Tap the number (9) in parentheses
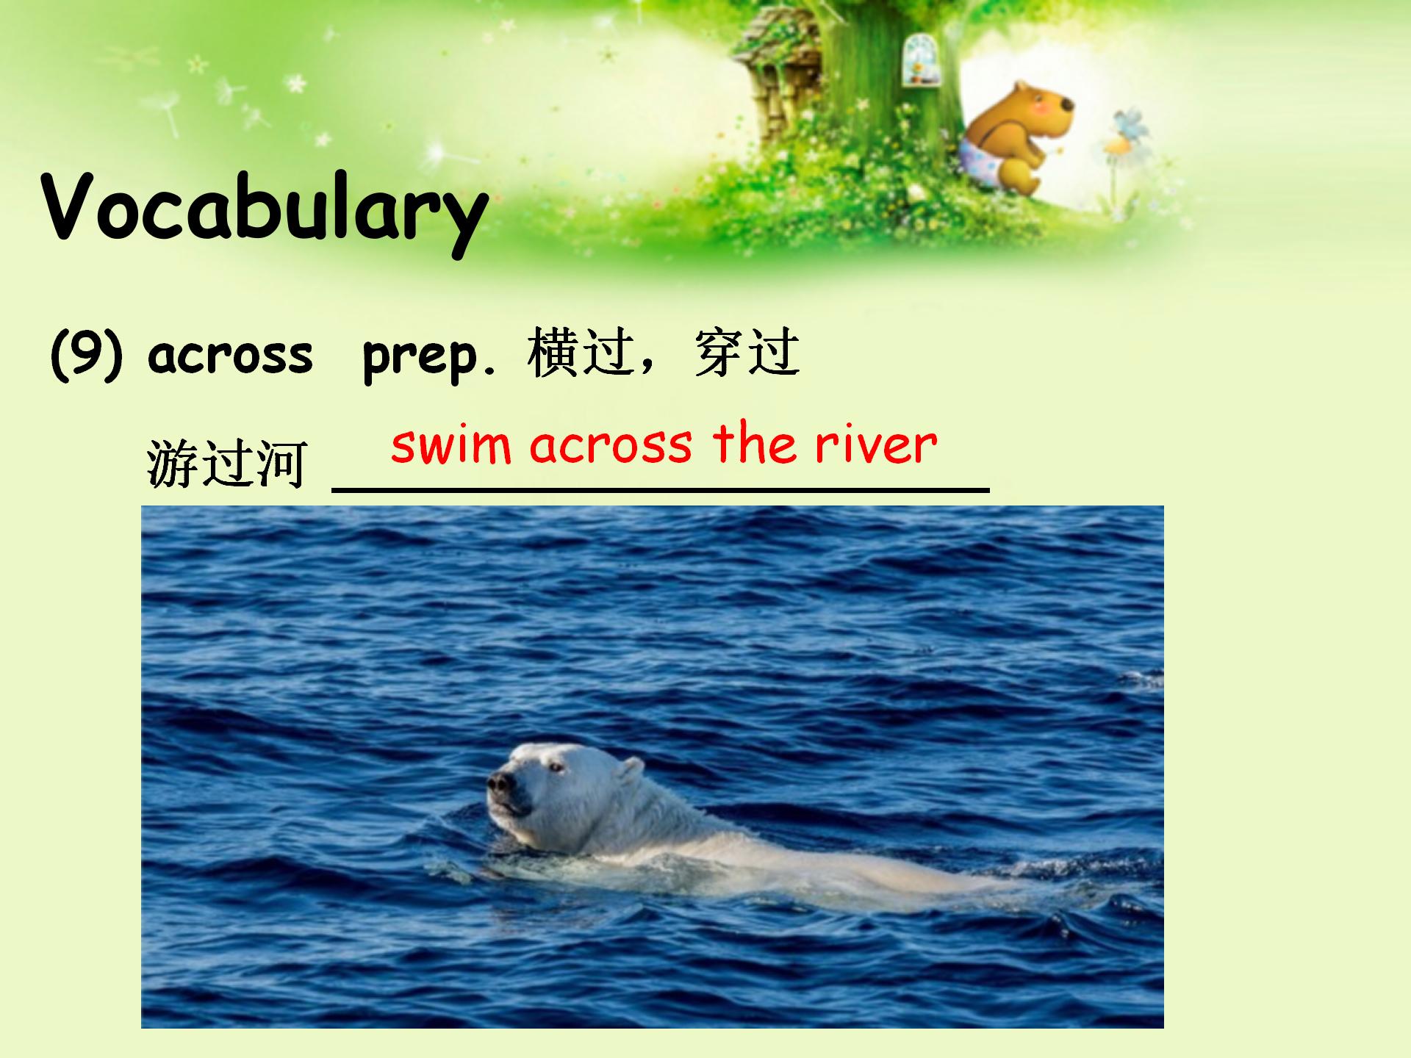(x=85, y=355)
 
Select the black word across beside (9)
(x=230, y=356)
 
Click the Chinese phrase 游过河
(x=226, y=464)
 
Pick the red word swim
(x=450, y=445)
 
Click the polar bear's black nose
(x=500, y=783)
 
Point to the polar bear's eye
(x=555, y=768)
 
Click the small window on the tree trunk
(x=916, y=58)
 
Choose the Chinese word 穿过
(x=747, y=353)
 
